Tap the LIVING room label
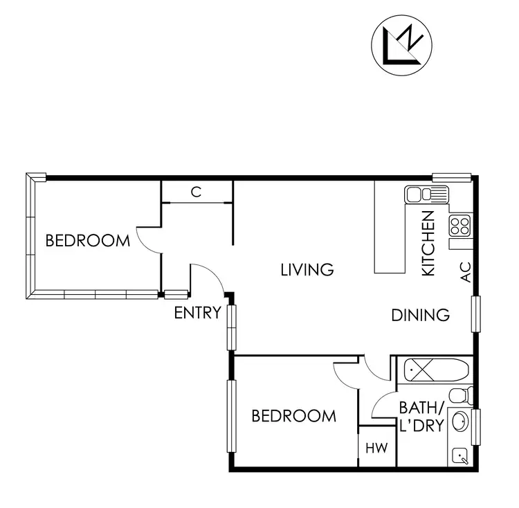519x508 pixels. point(307,269)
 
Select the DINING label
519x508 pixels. point(421,315)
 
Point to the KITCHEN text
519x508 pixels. point(428,244)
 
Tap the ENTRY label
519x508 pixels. point(197,313)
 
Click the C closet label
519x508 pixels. point(197,192)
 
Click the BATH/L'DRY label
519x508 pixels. point(421,416)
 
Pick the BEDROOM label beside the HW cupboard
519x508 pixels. point(293,416)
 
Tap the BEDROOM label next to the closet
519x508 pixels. point(87,241)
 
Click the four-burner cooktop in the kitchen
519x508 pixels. point(459,224)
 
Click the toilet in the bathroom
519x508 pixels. point(461,397)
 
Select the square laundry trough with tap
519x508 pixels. point(460,455)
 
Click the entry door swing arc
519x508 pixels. point(210,277)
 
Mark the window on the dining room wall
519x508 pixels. point(475,314)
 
